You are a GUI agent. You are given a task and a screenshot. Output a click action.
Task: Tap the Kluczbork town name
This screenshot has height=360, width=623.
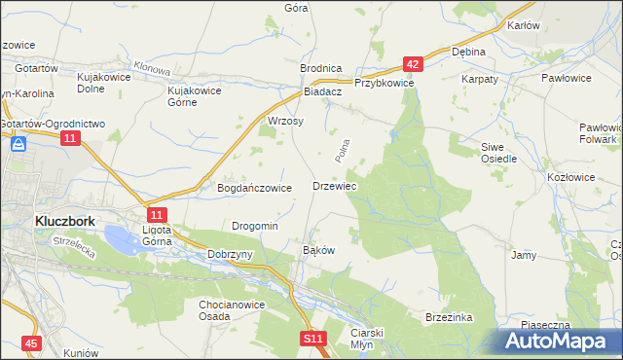(x=64, y=221)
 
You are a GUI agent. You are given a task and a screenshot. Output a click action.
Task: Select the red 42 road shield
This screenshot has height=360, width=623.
(x=413, y=64)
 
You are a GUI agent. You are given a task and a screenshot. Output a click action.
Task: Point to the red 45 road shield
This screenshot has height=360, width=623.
(x=32, y=343)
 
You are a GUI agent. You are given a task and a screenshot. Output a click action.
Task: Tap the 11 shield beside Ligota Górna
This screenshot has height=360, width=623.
(x=158, y=214)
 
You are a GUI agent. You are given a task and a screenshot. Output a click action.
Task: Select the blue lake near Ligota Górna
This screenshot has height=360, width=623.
(x=121, y=237)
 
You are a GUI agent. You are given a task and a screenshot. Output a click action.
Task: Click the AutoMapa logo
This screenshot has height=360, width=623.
(x=558, y=341)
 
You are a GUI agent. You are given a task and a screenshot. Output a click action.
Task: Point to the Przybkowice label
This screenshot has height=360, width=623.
(x=385, y=84)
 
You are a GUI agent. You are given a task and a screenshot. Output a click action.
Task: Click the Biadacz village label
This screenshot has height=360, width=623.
(x=322, y=90)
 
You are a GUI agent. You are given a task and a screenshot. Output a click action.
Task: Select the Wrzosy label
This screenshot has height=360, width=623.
(x=285, y=122)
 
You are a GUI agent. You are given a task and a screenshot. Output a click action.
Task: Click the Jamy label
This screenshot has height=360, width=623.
(x=524, y=255)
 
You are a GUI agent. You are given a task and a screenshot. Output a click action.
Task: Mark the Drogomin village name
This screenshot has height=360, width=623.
(x=255, y=226)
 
